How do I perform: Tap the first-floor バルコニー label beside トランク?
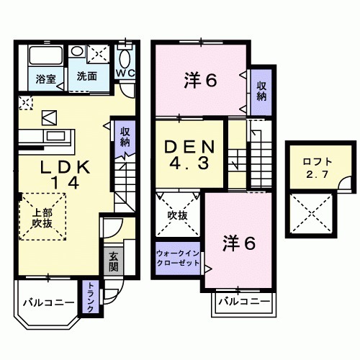click(45, 302)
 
